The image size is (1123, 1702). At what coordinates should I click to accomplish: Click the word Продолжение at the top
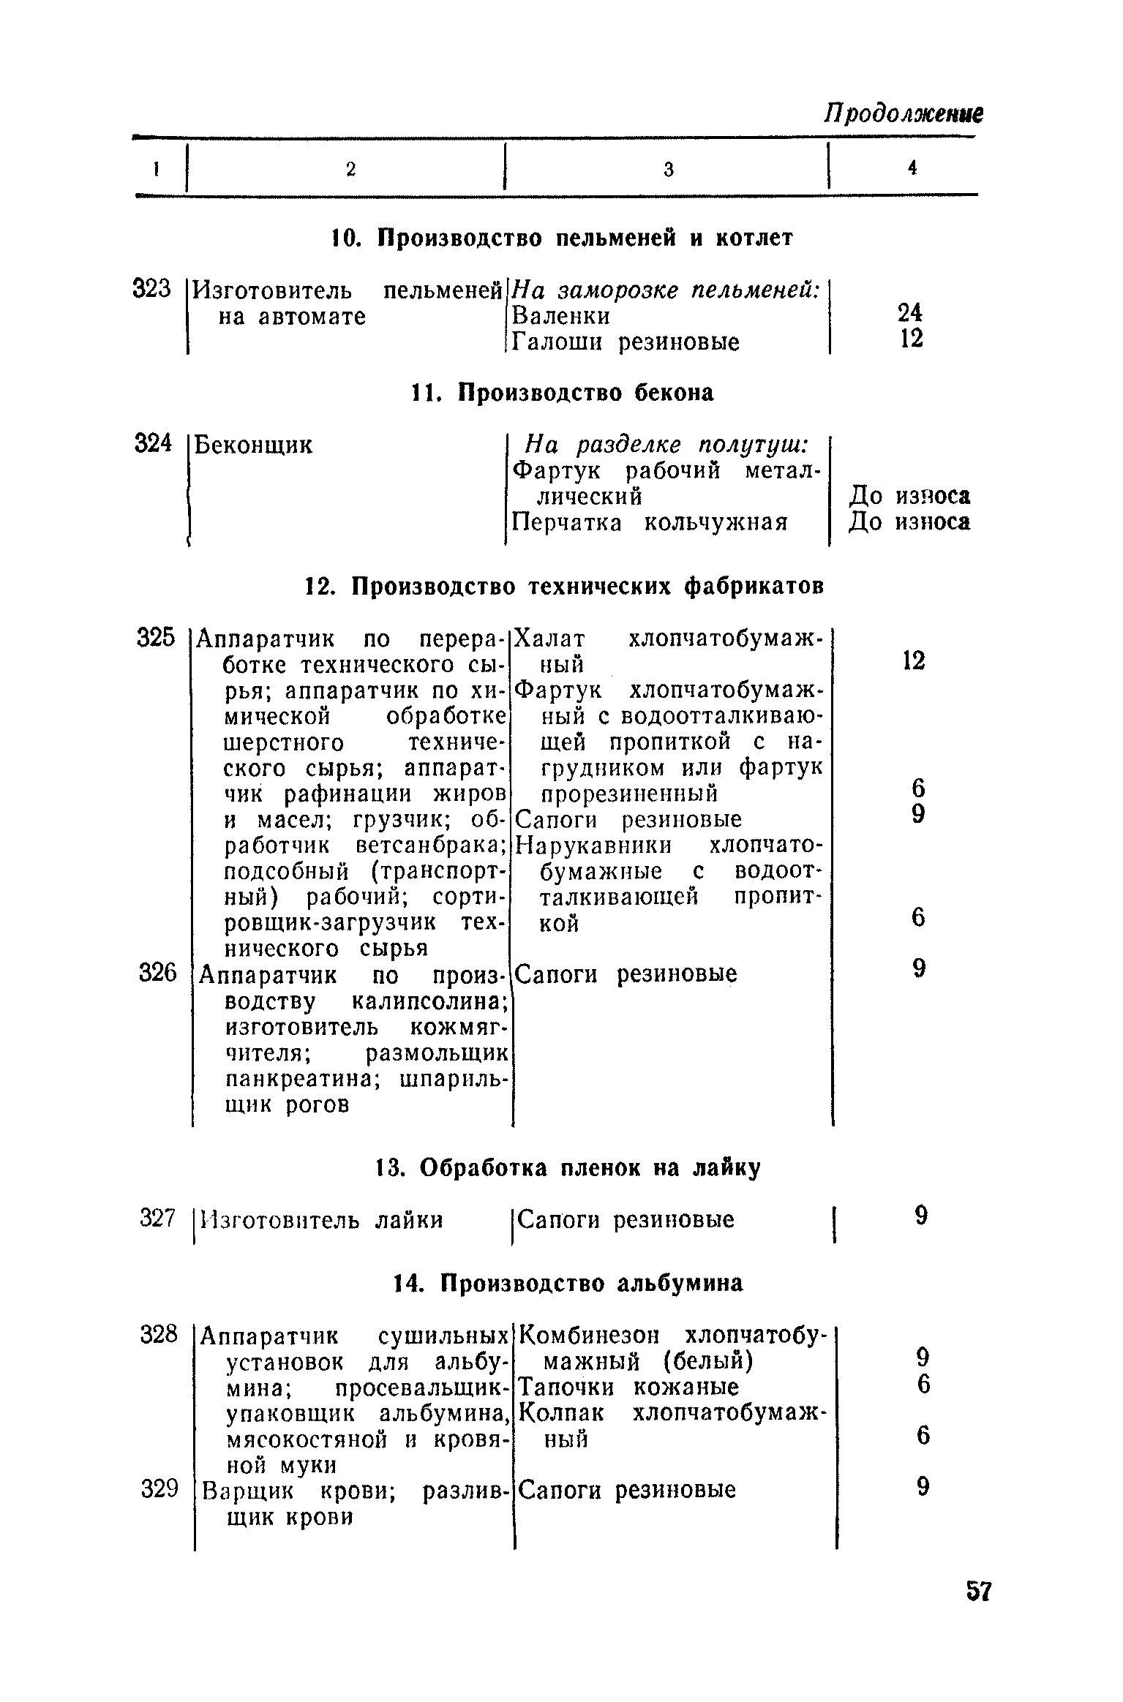pyautogui.click(x=903, y=113)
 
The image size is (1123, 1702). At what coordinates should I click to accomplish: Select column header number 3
pyautogui.click(x=668, y=170)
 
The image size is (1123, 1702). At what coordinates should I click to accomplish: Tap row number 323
pyautogui.click(x=151, y=290)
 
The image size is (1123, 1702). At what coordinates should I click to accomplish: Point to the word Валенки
pyautogui.click(x=560, y=316)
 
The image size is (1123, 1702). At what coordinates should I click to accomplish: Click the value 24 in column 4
pyautogui.click(x=910, y=313)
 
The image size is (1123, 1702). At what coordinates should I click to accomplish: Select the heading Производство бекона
pyautogui.click(x=560, y=394)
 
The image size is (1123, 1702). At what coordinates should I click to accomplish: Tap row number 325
pyautogui.click(x=157, y=638)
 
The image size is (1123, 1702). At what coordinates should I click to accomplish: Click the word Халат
pyautogui.click(x=549, y=639)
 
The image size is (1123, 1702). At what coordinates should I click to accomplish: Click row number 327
pyautogui.click(x=157, y=1219)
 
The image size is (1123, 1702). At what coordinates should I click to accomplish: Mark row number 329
pyautogui.click(x=159, y=1488)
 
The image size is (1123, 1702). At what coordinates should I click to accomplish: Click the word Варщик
pyautogui.click(x=247, y=1491)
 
